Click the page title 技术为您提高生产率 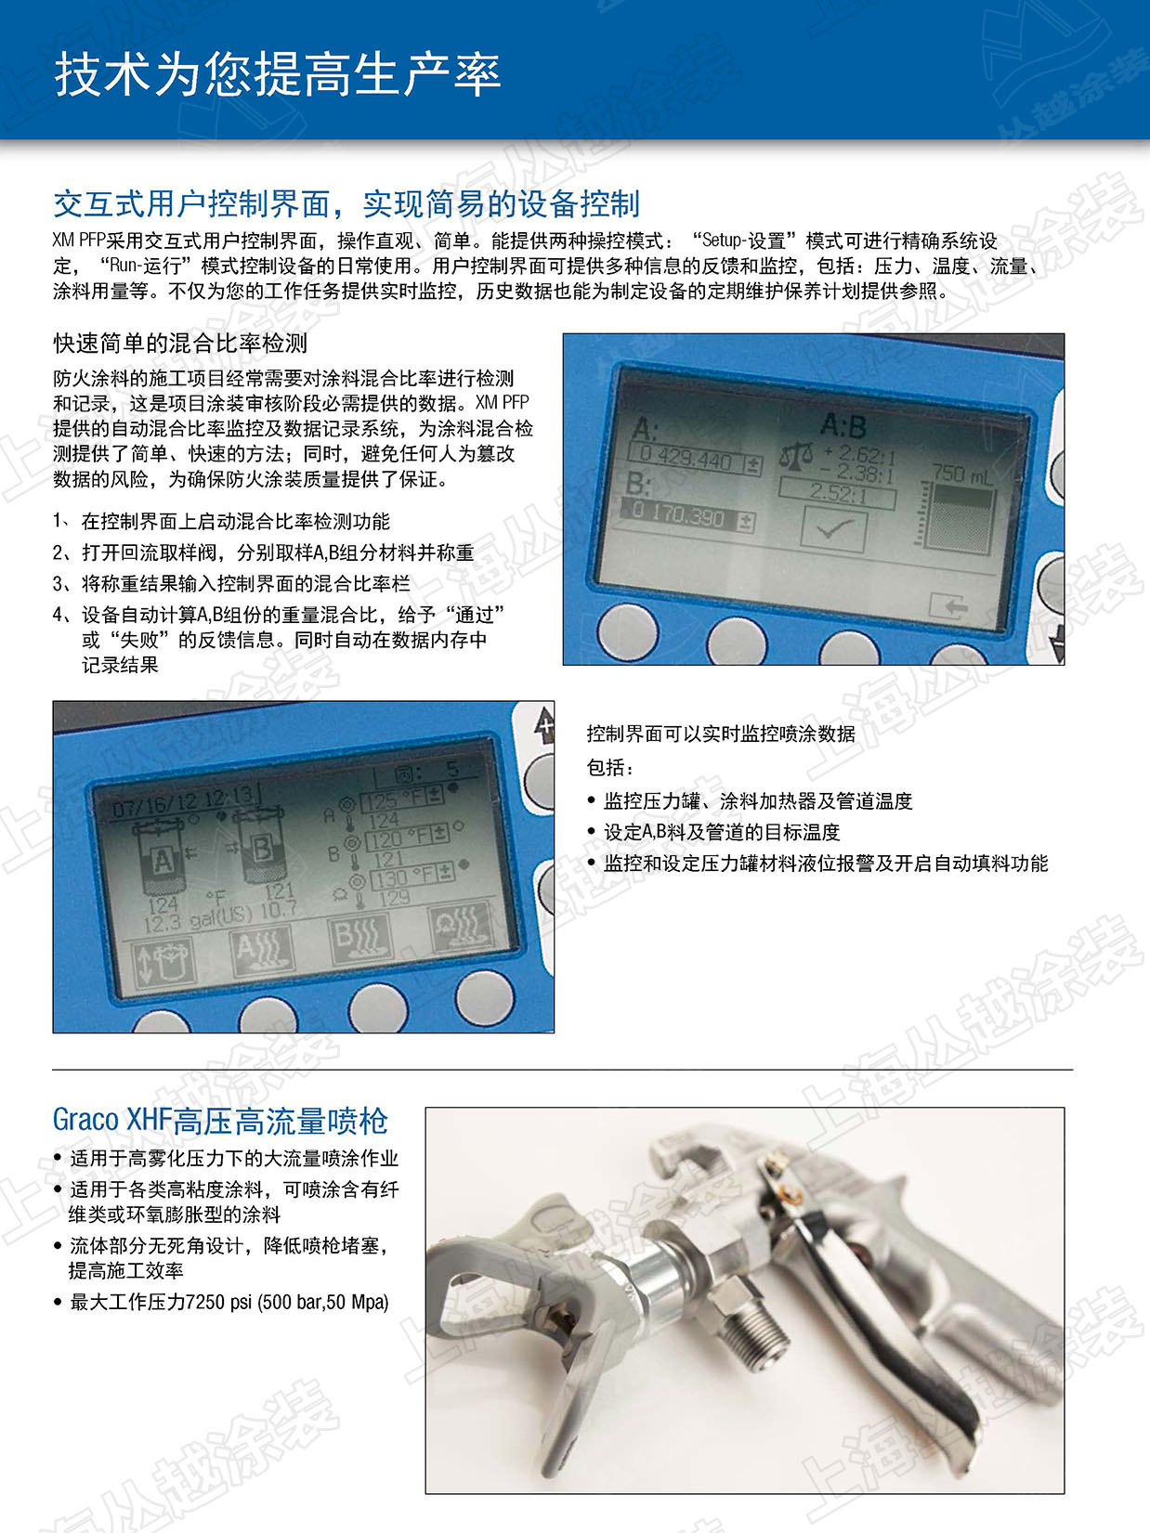[x=278, y=75]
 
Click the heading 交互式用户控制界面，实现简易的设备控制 [x=346, y=204]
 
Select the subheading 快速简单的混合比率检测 [x=180, y=343]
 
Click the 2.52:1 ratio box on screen [x=838, y=494]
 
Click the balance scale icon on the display [x=797, y=456]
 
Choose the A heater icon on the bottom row [x=262, y=951]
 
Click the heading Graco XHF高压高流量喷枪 [x=220, y=1120]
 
